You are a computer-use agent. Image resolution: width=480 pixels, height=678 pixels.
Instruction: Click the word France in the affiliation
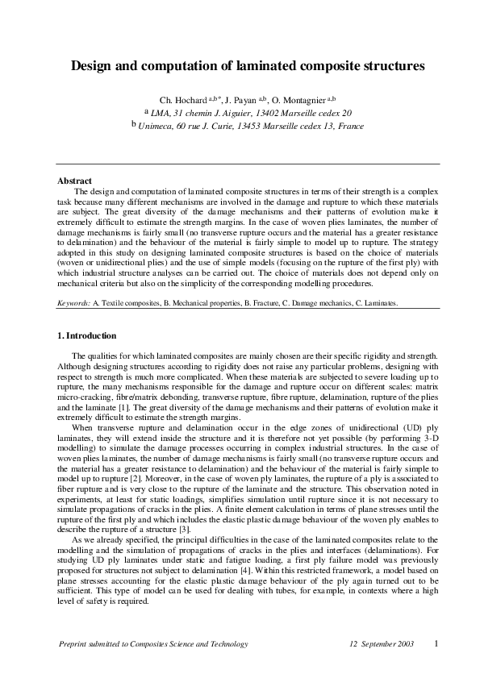[x=351, y=127]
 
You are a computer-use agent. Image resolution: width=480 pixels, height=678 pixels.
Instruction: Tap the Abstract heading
[x=75, y=181]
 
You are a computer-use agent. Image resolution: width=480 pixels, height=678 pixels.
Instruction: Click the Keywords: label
[x=73, y=303]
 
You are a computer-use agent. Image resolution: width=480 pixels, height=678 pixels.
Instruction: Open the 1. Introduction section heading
[x=87, y=335]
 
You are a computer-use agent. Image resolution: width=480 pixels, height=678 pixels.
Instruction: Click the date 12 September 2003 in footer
[x=382, y=644]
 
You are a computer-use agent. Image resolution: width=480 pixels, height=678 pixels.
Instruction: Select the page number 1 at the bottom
[x=435, y=643]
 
